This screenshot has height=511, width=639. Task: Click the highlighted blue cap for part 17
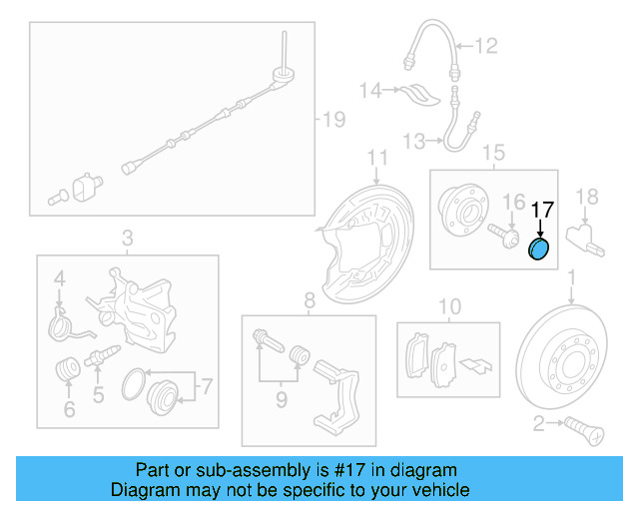click(538, 250)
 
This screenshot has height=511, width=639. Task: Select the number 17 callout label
click(542, 210)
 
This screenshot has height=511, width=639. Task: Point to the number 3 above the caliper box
click(127, 238)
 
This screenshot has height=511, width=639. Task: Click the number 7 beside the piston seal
click(207, 384)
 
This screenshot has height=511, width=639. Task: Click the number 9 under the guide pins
click(282, 400)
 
